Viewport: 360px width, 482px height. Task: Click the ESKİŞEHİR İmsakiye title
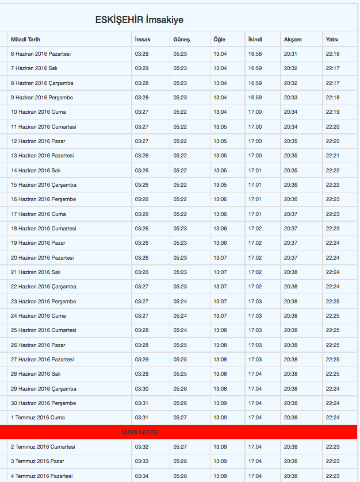[x=139, y=20]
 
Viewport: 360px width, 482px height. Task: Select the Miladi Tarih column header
[x=25, y=40]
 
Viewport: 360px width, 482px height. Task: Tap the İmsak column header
[x=143, y=40]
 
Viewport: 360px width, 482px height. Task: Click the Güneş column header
[x=181, y=40]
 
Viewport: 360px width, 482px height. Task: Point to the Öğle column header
[x=220, y=40]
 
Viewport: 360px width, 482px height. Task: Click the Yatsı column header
[x=332, y=40]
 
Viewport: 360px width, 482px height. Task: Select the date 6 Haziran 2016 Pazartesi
[x=41, y=54]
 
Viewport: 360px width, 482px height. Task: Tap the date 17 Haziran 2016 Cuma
[x=38, y=214]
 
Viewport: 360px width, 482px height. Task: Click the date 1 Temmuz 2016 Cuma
[x=38, y=418]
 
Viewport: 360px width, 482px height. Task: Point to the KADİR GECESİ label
[x=140, y=432]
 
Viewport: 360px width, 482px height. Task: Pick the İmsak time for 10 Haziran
[x=141, y=112]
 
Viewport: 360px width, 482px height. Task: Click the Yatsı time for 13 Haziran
[x=332, y=156]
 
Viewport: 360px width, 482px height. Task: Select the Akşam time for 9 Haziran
[x=290, y=98]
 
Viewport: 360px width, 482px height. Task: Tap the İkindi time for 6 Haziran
[x=255, y=54]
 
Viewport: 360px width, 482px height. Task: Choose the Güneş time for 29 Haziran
[x=180, y=388]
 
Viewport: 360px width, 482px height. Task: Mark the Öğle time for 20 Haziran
[x=220, y=258]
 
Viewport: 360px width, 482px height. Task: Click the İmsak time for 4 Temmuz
[x=141, y=476]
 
